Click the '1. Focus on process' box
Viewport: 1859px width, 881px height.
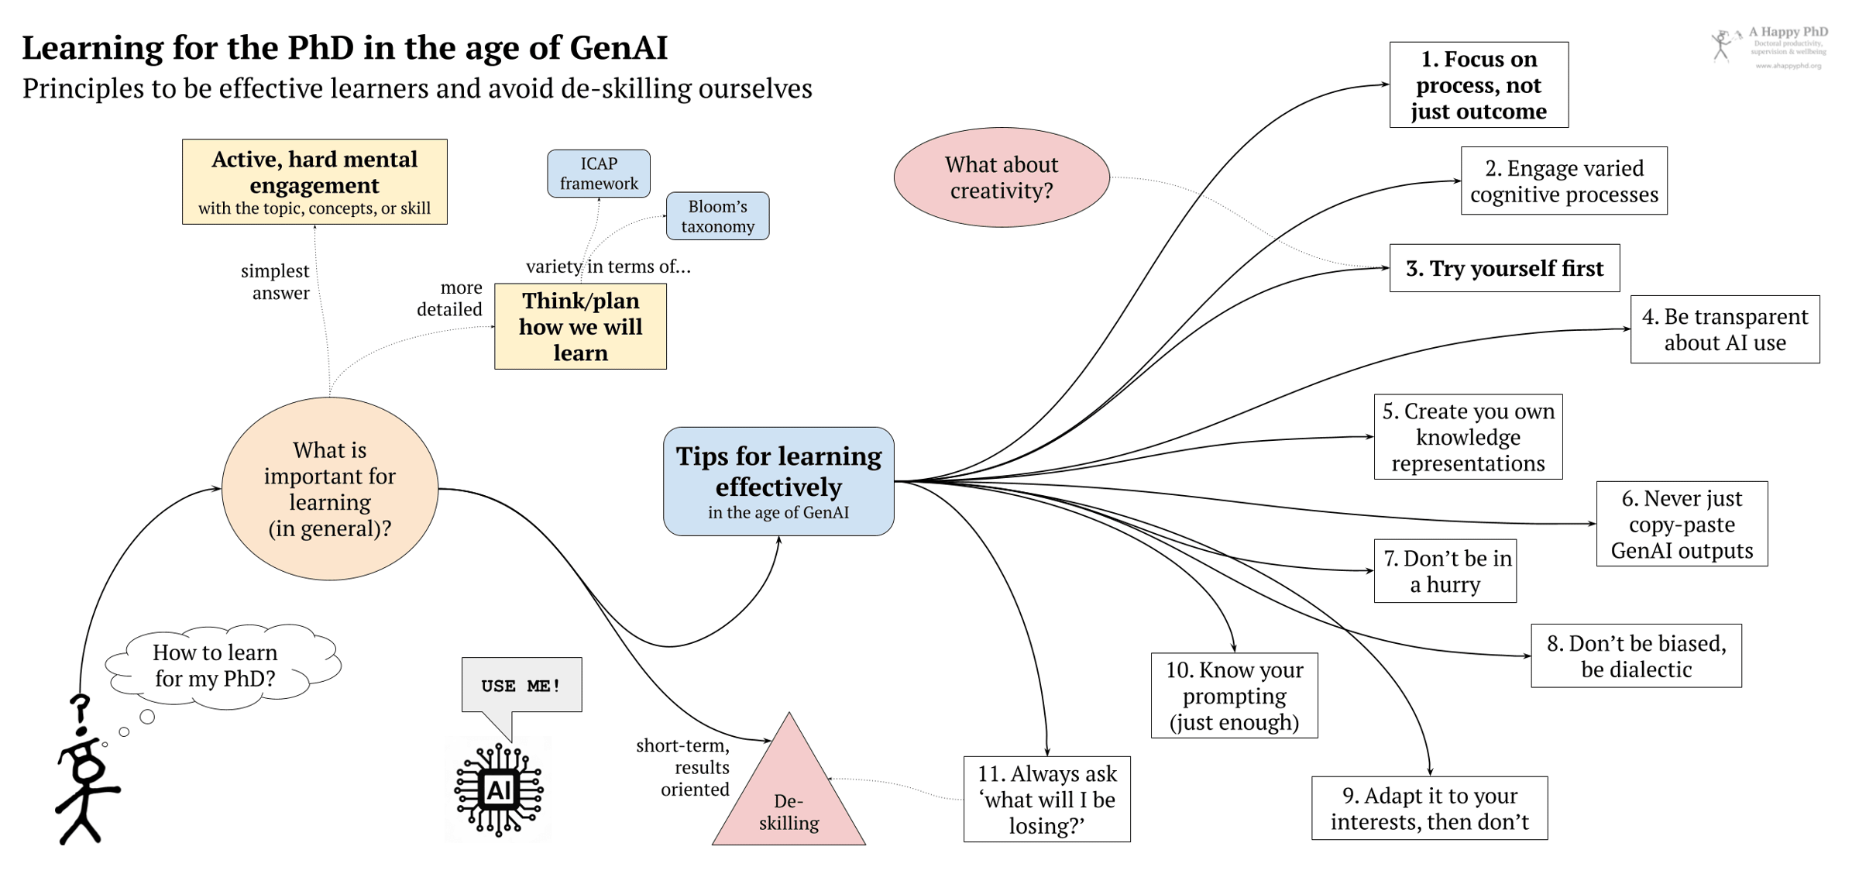pyautogui.click(x=1479, y=84)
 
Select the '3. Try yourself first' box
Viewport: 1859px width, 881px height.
pyautogui.click(x=1504, y=268)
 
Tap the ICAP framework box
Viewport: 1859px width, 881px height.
pyautogui.click(x=599, y=174)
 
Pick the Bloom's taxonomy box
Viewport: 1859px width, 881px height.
pyautogui.click(x=717, y=216)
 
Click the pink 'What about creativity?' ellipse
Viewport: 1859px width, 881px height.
pyautogui.click(x=1002, y=177)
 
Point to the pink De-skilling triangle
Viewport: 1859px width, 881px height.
pyautogui.click(x=789, y=806)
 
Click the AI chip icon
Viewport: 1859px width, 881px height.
pyautogui.click(x=498, y=790)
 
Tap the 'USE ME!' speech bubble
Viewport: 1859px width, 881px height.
pyautogui.click(x=521, y=686)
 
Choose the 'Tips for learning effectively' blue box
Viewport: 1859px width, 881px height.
pyautogui.click(x=778, y=481)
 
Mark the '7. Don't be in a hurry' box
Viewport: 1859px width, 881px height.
pyautogui.click(x=1445, y=571)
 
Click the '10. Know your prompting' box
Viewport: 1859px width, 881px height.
pyautogui.click(x=1234, y=695)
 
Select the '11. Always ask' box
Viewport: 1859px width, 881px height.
pyautogui.click(x=1046, y=799)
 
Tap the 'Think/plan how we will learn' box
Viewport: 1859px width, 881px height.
pyautogui.click(x=580, y=326)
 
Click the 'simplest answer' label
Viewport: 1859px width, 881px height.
pyautogui.click(x=275, y=282)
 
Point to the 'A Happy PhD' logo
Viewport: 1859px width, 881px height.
pyautogui.click(x=1769, y=46)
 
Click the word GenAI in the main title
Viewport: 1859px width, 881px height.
pyautogui.click(x=618, y=48)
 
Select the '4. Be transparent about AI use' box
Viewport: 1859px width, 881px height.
pyautogui.click(x=1724, y=329)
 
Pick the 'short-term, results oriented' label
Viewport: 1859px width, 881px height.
pyautogui.click(x=683, y=767)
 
